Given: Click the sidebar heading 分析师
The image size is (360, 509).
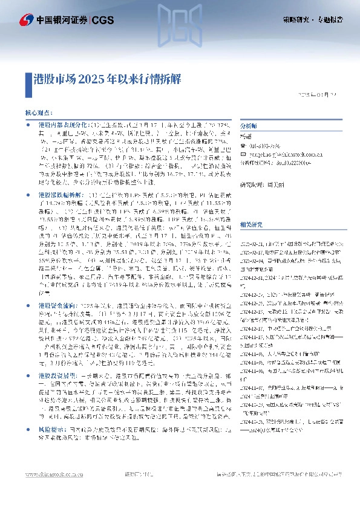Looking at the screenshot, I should (249, 126).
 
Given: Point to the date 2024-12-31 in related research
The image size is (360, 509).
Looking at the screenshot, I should (251, 277).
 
